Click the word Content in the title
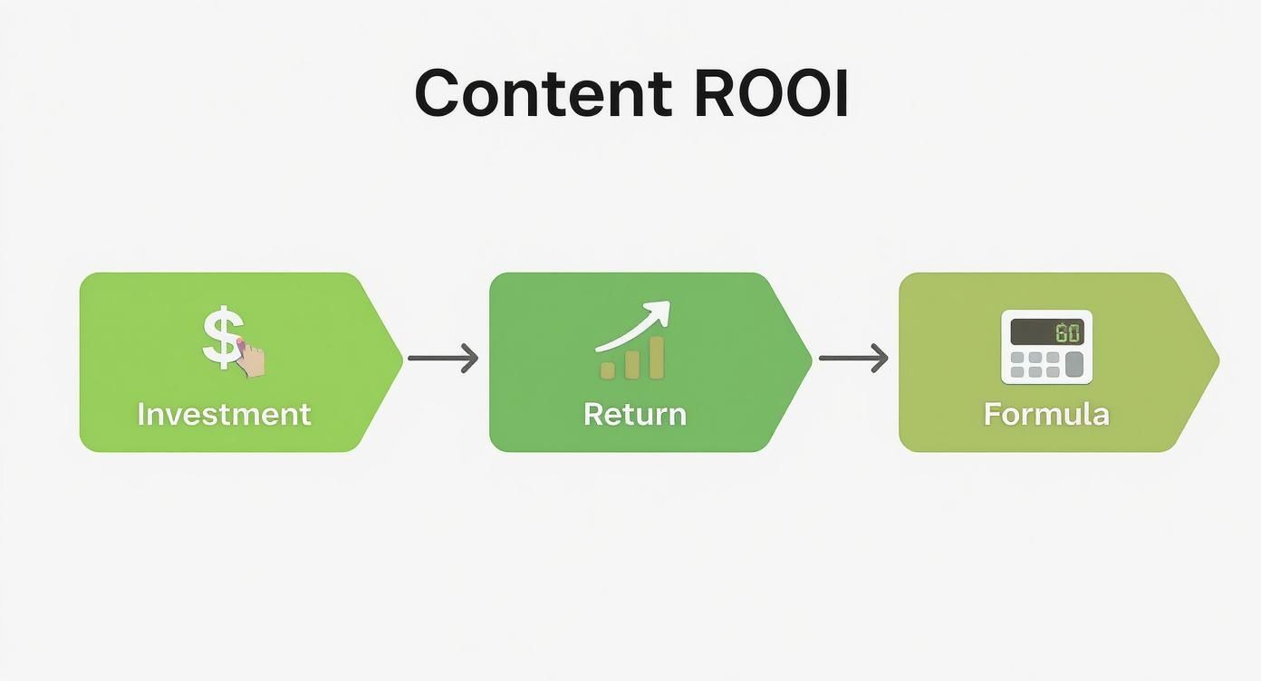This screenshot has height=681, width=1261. point(542,93)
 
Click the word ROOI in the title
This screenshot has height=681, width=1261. point(771,93)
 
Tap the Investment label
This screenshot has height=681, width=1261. point(224,415)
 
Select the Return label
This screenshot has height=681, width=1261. point(634,415)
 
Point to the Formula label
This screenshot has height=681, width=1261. point(1046,415)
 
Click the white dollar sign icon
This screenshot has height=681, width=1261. point(221,338)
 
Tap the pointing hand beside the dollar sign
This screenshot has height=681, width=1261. point(252,359)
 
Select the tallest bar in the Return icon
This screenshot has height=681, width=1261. point(656,357)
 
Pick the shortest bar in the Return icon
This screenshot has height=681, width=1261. point(609,369)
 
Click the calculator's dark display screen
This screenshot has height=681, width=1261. point(1046,331)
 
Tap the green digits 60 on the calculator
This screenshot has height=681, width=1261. point(1068,332)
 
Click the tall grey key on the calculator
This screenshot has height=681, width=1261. point(1073,364)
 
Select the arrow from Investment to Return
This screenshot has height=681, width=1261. point(443,359)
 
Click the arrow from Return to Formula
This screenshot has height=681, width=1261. point(853,359)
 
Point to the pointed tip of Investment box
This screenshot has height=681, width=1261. point(399,361)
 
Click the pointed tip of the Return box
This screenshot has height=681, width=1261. point(808,361)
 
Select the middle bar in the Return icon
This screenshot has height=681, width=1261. point(632,364)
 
